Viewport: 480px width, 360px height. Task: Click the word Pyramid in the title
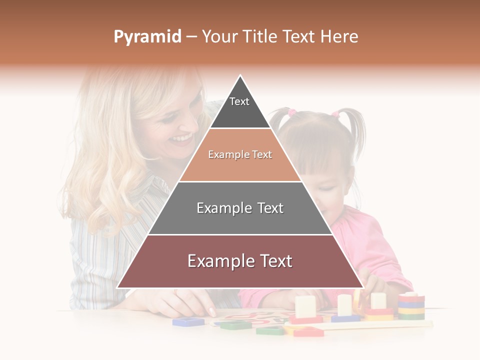coord(147,37)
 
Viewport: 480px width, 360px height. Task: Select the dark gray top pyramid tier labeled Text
coord(239,107)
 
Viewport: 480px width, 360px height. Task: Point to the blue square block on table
coord(188,321)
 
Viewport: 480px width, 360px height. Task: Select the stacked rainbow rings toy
coord(411,306)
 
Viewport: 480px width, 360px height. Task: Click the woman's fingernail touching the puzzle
coord(212,312)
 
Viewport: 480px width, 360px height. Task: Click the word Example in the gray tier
coord(219,208)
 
